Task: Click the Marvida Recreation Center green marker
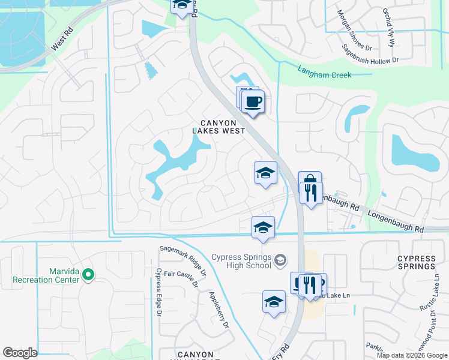(88, 275)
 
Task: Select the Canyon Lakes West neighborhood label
(218, 127)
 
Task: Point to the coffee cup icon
(254, 101)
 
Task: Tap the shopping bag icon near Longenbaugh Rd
(309, 181)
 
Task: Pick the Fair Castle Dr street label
(181, 279)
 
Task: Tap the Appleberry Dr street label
(218, 309)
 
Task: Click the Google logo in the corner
(20, 353)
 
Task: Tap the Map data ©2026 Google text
(412, 355)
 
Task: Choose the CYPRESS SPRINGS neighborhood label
(417, 262)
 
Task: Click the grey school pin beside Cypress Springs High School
(280, 260)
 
